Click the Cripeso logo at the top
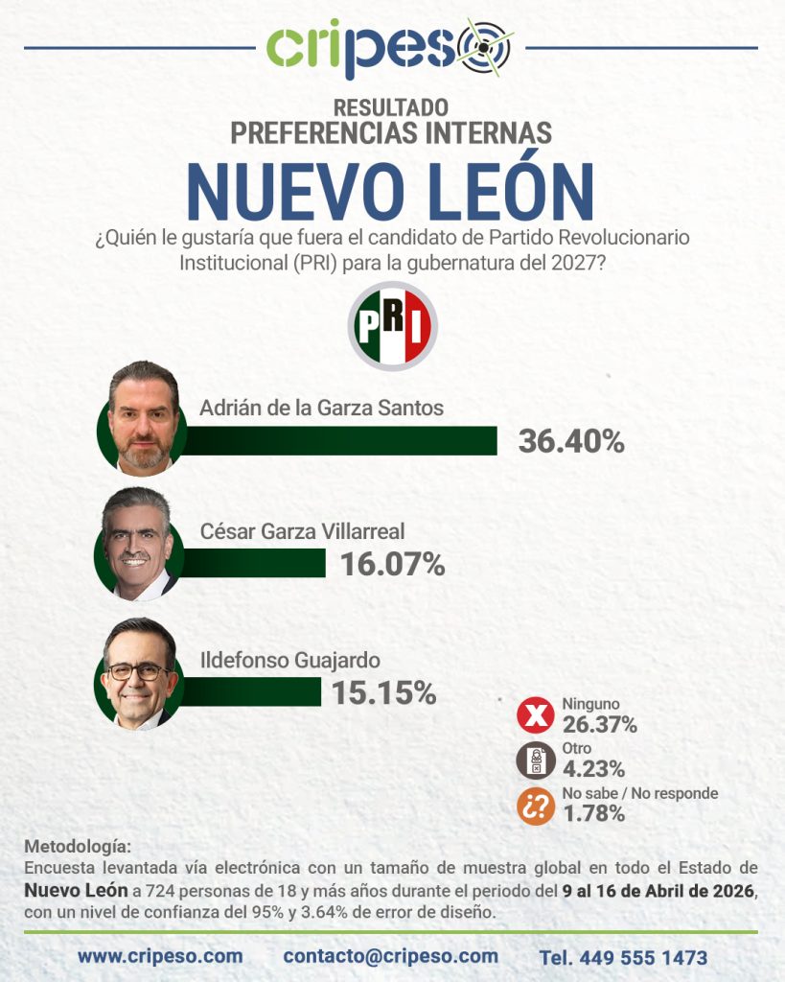pos(390,48)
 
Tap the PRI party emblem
pos(392,326)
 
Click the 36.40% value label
pos(571,441)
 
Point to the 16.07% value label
pos(393,564)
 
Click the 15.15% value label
pos(384,691)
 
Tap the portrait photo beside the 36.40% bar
pos(143,418)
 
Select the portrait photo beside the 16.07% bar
pos(137,544)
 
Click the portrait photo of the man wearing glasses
pos(138,673)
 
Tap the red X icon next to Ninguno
pos(536,716)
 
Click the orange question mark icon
pos(536,807)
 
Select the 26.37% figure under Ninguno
pos(599,724)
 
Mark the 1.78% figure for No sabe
pos(593,814)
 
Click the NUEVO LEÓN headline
pos(391,191)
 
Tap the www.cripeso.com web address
pos(160,956)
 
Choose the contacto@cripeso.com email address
pos(391,956)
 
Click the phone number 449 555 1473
pos(623,957)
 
